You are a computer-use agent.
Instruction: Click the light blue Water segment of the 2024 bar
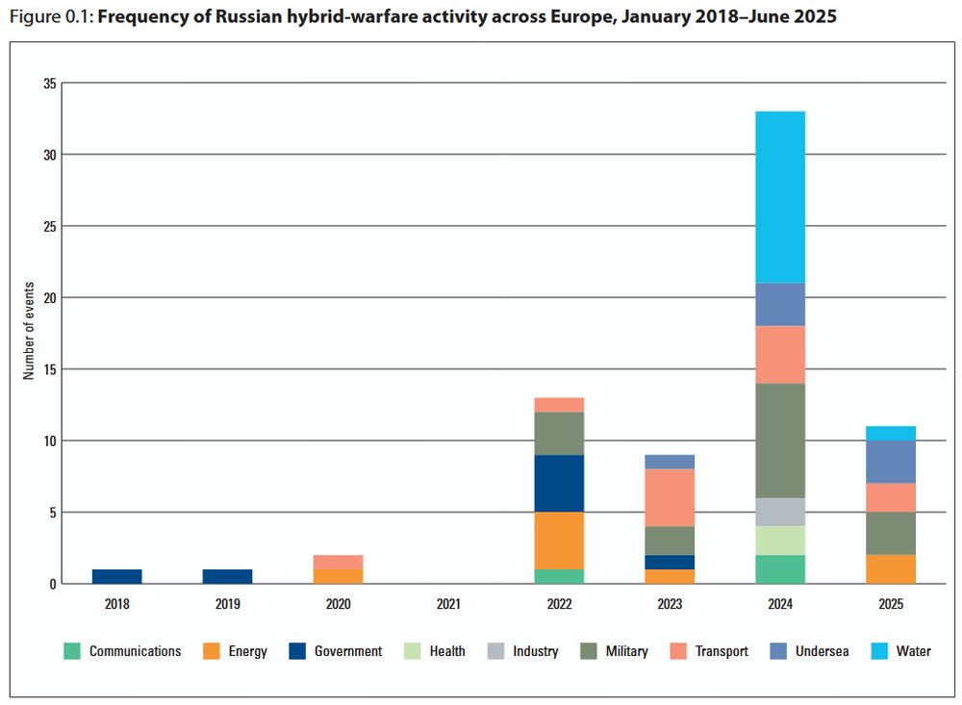tap(780, 197)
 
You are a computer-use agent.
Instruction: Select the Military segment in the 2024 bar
tap(780, 441)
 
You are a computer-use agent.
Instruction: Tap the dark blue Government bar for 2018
tap(117, 576)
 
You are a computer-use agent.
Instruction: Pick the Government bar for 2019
tap(228, 576)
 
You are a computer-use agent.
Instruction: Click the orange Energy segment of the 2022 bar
tap(560, 541)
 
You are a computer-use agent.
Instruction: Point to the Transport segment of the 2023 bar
tap(670, 498)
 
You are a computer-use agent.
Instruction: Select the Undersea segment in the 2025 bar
tap(891, 462)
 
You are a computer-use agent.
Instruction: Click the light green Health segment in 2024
tap(780, 541)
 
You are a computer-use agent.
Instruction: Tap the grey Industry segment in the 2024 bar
tap(780, 512)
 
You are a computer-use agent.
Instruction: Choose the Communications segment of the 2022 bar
tap(560, 576)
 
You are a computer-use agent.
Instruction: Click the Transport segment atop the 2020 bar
tap(339, 562)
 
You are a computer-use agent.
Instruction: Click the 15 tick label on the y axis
tap(50, 369)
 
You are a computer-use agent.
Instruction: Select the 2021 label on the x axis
tap(449, 604)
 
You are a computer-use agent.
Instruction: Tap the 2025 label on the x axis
tap(891, 604)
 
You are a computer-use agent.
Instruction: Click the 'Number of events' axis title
tap(29, 332)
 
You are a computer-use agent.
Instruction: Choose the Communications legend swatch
tap(71, 651)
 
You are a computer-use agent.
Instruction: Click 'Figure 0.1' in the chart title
tap(46, 17)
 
